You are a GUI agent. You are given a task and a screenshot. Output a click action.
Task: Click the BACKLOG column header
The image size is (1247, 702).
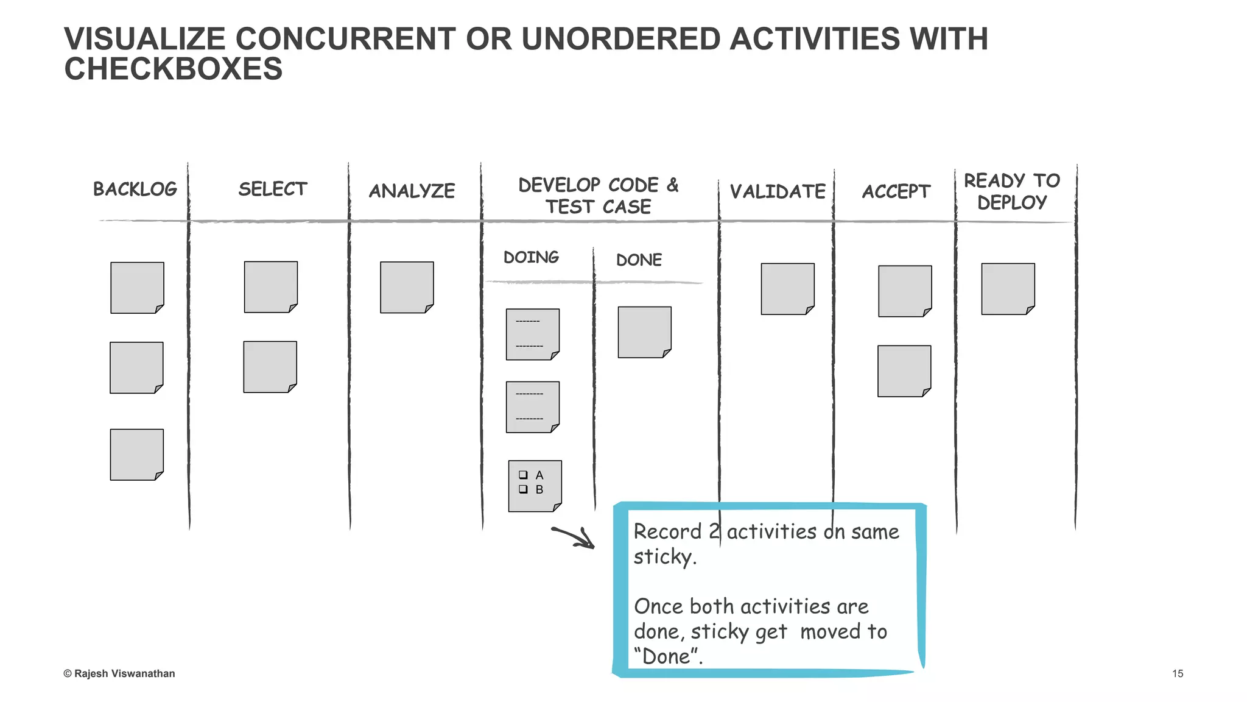click(x=135, y=189)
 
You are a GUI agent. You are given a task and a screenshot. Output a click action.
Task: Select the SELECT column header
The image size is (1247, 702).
click(x=272, y=189)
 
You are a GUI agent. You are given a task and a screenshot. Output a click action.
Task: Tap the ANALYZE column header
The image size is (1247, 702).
click(x=412, y=191)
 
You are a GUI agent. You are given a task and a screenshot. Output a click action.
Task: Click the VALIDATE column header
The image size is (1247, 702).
click(x=778, y=191)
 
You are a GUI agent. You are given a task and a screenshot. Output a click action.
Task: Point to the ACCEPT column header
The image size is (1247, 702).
click(x=896, y=191)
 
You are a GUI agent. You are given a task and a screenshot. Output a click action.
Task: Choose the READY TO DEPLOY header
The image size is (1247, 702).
click(x=1011, y=191)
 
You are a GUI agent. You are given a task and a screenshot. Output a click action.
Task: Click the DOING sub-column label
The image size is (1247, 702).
click(x=531, y=257)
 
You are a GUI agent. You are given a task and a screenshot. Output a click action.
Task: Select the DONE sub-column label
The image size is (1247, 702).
click(x=639, y=260)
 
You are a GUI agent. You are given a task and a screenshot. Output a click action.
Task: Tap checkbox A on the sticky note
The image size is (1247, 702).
click(x=523, y=475)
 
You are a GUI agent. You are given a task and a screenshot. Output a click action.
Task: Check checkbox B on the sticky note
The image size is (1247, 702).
click(x=523, y=489)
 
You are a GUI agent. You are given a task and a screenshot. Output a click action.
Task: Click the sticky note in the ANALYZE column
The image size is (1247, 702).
click(x=407, y=287)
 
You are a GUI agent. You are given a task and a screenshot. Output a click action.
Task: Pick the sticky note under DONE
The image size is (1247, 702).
click(x=644, y=332)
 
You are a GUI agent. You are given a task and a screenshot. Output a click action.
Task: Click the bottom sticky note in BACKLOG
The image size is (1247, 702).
click(x=136, y=455)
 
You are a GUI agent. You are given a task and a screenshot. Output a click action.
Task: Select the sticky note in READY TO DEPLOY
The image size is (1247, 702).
click(x=1008, y=289)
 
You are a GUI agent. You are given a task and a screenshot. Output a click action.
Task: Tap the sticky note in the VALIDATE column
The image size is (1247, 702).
click(x=787, y=289)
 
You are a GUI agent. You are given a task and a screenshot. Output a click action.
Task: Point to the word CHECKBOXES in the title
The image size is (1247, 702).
click(x=174, y=68)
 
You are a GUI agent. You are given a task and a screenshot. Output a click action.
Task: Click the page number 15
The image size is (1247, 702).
click(x=1177, y=673)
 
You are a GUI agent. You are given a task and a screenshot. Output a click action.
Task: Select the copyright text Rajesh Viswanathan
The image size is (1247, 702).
click(x=119, y=673)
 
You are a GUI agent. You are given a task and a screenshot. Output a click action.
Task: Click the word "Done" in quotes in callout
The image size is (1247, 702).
click(x=667, y=656)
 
